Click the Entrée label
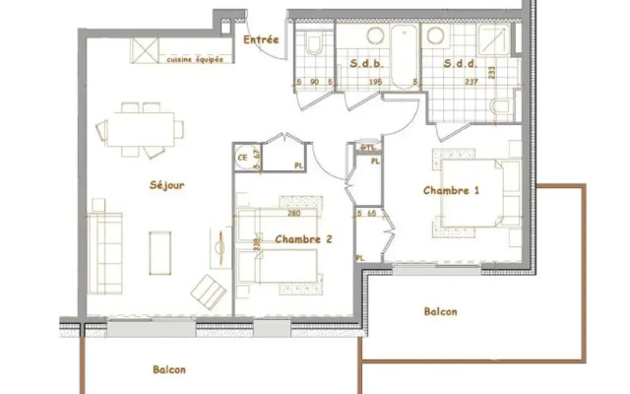pos(261,40)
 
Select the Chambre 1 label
pos(451,190)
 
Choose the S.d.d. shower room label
pos(460,65)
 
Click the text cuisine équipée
pos(194,58)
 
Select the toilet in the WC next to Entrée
pos(315,44)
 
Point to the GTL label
pos(368,148)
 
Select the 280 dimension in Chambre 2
pos(292,213)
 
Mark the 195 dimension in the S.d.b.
pos(374,83)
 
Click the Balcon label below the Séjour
pos(168,370)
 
